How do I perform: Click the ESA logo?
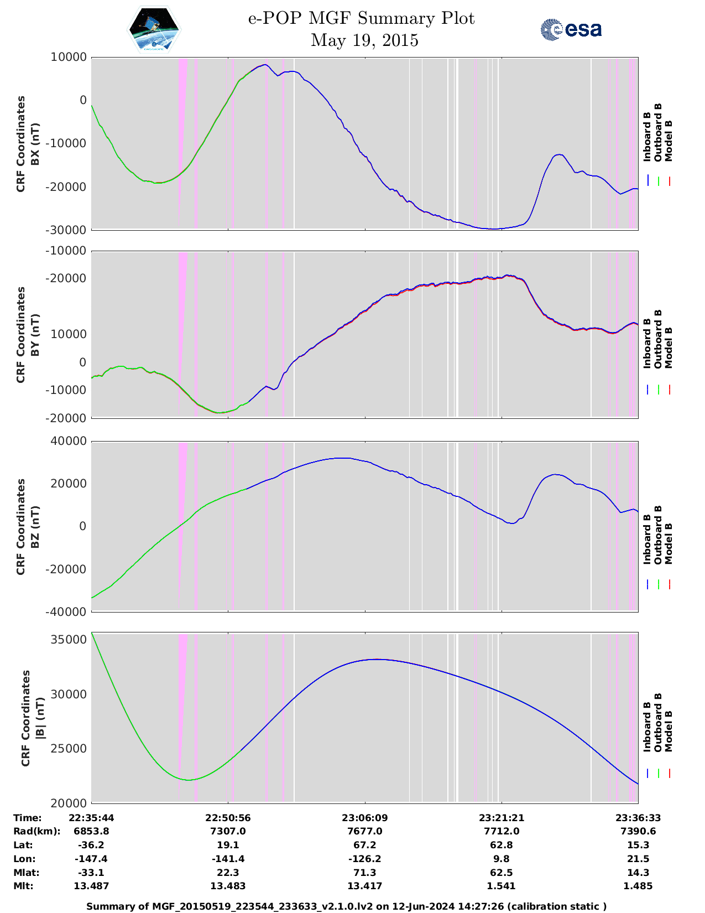click(x=571, y=29)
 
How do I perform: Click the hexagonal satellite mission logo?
click(x=154, y=29)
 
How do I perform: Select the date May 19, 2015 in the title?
click(x=364, y=40)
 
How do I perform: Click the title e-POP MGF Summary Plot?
click(x=361, y=18)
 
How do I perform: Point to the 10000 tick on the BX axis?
click(x=69, y=57)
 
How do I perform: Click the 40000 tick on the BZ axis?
click(x=69, y=441)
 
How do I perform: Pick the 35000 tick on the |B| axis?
click(x=69, y=640)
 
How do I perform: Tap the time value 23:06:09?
click(x=364, y=818)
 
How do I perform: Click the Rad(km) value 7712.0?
click(x=502, y=831)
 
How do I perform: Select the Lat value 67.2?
click(x=364, y=845)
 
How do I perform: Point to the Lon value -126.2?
click(x=364, y=859)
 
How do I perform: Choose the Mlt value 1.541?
click(x=502, y=886)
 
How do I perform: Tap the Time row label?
click(x=28, y=818)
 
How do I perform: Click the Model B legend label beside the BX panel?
click(x=669, y=141)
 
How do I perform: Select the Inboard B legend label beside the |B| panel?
click(x=647, y=727)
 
